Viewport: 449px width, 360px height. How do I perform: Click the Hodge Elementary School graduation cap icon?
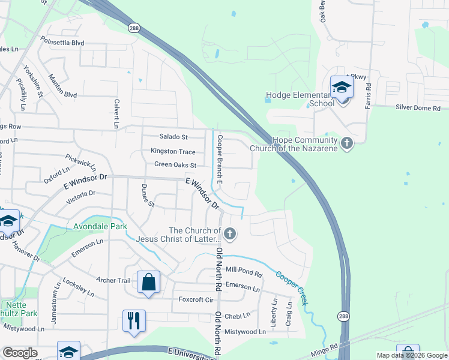[342, 88]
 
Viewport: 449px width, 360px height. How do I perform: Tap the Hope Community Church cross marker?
[346, 143]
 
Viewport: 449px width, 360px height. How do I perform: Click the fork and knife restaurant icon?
[134, 320]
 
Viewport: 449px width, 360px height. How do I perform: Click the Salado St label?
[173, 137]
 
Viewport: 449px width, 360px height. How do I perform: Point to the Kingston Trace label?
[173, 152]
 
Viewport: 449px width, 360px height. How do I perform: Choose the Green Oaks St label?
[175, 165]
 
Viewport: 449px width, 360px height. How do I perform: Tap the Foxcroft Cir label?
[196, 299]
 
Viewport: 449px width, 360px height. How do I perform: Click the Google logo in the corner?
[19, 353]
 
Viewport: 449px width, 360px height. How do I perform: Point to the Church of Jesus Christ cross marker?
[229, 233]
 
